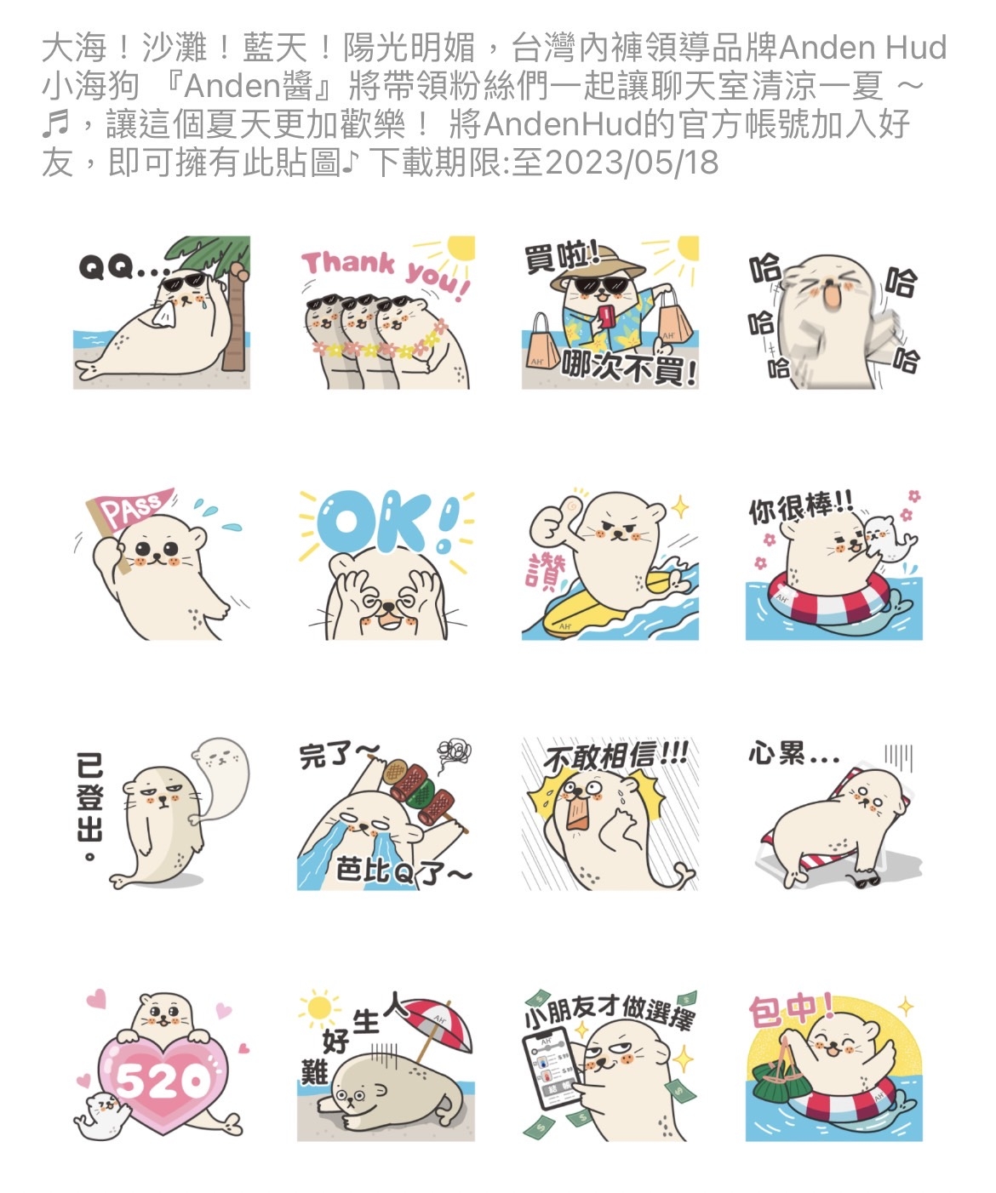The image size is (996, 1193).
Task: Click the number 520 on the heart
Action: (163, 1079)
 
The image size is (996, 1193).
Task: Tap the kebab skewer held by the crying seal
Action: (421, 792)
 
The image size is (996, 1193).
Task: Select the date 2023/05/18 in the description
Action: (631, 163)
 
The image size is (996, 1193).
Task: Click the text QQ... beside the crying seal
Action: (123, 267)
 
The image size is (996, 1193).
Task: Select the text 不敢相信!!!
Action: (615, 759)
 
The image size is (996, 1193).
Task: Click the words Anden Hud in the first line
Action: (863, 48)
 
